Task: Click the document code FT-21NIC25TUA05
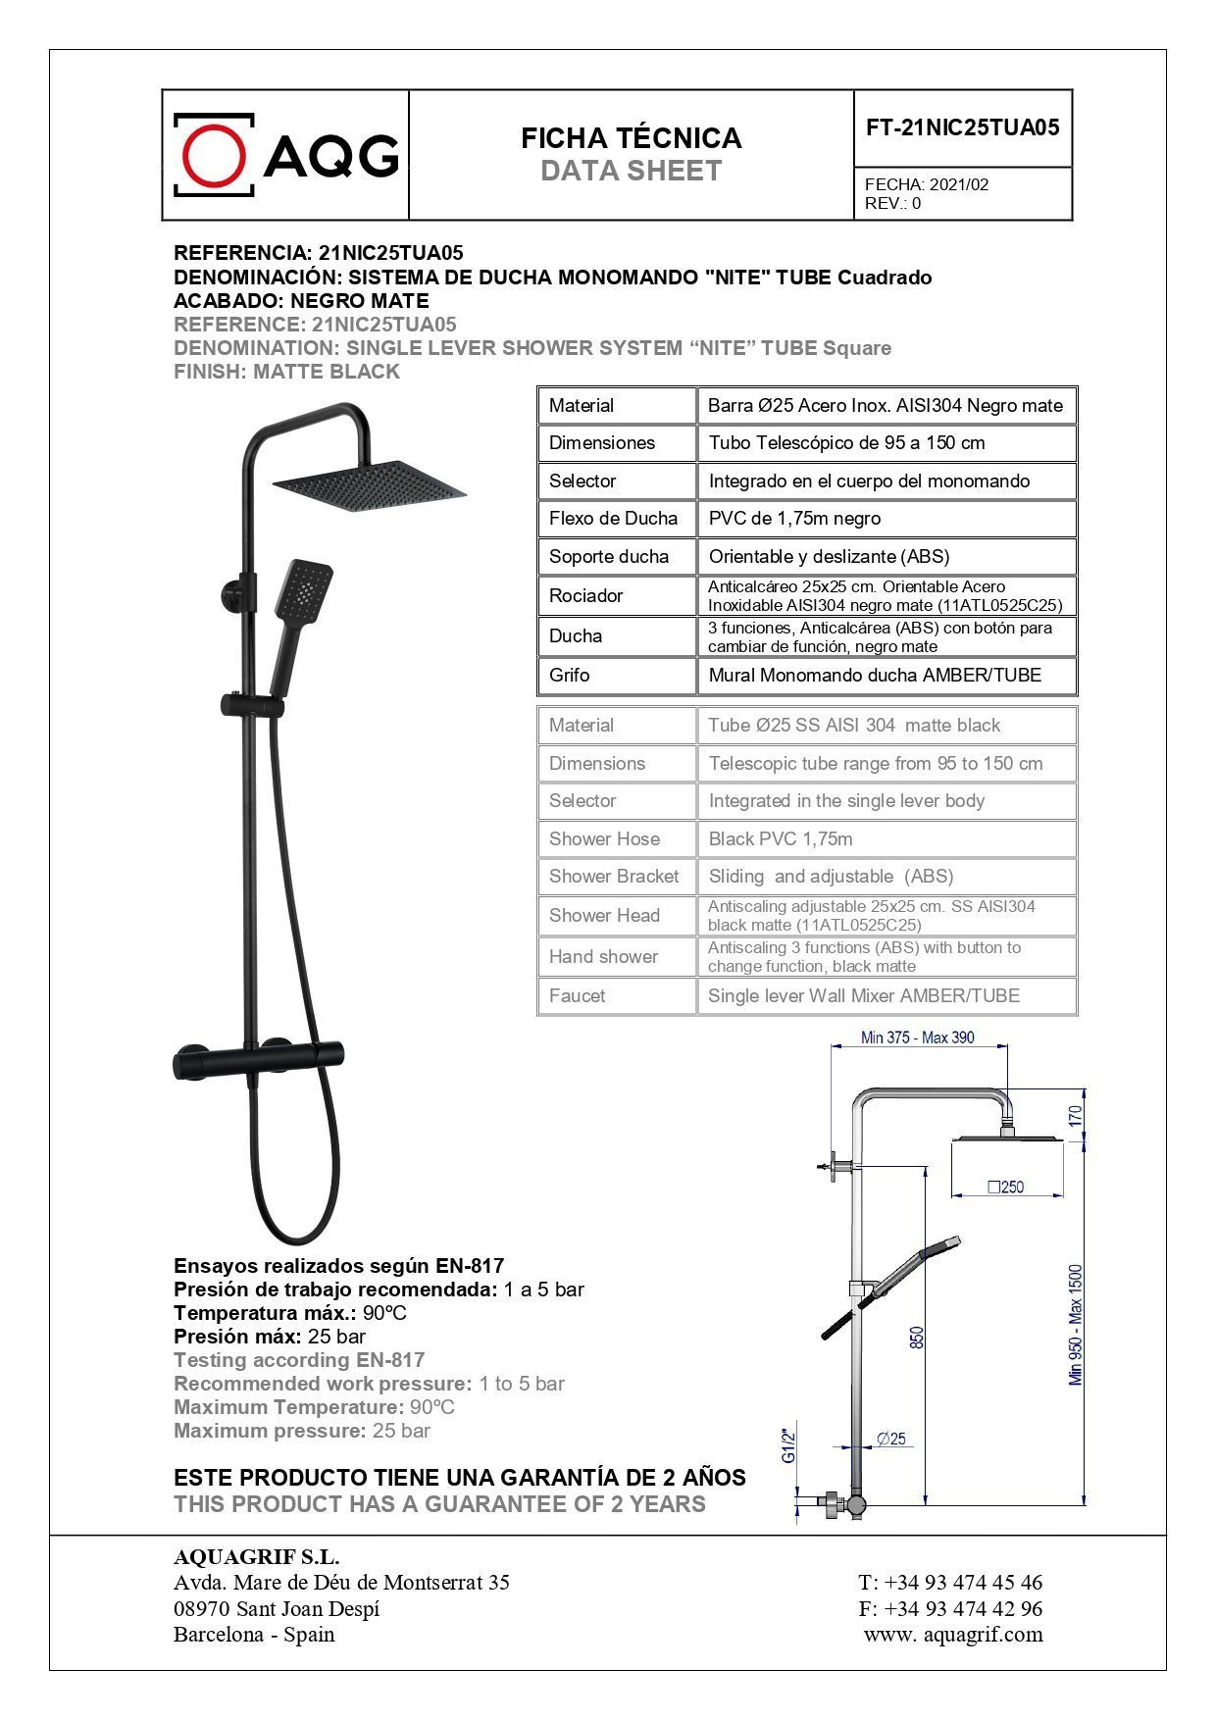pyautogui.click(x=962, y=127)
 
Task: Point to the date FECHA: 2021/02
pyautogui.click(x=927, y=184)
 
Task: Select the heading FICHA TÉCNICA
pyautogui.click(x=631, y=138)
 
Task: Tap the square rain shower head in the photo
pyautogui.click(x=369, y=481)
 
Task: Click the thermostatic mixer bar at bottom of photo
pyautogui.click(x=257, y=1061)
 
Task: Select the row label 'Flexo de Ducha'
pyautogui.click(x=613, y=519)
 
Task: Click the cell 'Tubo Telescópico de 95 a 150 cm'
pyautogui.click(x=846, y=443)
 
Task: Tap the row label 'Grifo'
pyautogui.click(x=570, y=676)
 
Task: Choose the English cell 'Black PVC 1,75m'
pyautogui.click(x=781, y=839)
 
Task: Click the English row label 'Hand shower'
pyautogui.click(x=603, y=957)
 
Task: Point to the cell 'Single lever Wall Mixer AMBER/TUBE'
pyautogui.click(x=864, y=996)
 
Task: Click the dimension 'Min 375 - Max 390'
pyautogui.click(x=917, y=1037)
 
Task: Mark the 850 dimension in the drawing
pyautogui.click(x=917, y=1338)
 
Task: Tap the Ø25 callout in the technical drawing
pyautogui.click(x=891, y=1440)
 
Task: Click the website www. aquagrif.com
pyautogui.click(x=952, y=1635)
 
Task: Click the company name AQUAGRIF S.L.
pyautogui.click(x=256, y=1557)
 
